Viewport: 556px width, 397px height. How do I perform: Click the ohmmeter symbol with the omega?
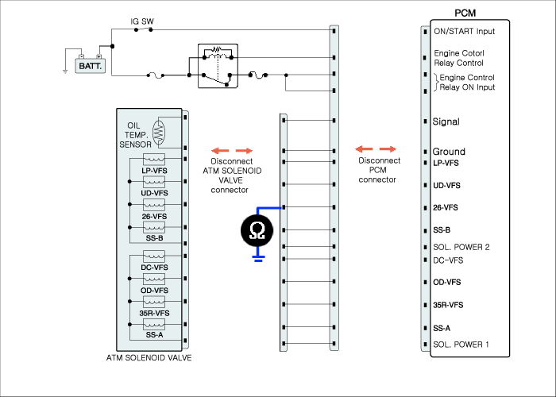pyautogui.click(x=257, y=230)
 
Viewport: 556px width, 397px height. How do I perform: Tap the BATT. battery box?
pyautogui.click(x=91, y=66)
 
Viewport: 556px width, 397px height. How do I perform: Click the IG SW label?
pyautogui.click(x=142, y=21)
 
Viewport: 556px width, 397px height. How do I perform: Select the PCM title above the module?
pyautogui.click(x=465, y=13)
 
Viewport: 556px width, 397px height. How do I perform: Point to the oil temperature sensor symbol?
pyautogui.click(x=158, y=133)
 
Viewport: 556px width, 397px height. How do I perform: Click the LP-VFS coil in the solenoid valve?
pyautogui.click(x=154, y=159)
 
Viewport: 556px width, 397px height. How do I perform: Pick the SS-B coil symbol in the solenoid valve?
pyautogui.click(x=154, y=227)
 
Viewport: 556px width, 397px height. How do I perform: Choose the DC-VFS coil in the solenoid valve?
pyautogui.click(x=154, y=256)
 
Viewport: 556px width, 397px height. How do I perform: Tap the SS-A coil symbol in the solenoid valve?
pyautogui.click(x=154, y=324)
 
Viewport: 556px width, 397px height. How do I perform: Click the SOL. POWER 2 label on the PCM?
pyautogui.click(x=461, y=247)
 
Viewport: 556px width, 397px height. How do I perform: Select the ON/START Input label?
pyautogui.click(x=464, y=31)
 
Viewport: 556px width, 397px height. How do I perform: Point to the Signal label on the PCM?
pyautogui.click(x=446, y=121)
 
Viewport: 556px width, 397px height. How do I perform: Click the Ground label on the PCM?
pyautogui.click(x=449, y=152)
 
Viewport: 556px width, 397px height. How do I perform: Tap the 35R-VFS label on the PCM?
pyautogui.click(x=448, y=305)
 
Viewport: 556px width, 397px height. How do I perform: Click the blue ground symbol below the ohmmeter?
pyautogui.click(x=258, y=258)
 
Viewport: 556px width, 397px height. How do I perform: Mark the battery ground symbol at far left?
pyautogui.click(x=65, y=71)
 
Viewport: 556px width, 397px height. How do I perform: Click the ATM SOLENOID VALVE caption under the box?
pyautogui.click(x=149, y=357)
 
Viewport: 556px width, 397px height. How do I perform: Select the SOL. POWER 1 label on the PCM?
pyautogui.click(x=461, y=344)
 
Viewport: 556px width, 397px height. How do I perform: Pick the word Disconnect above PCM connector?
pyautogui.click(x=380, y=160)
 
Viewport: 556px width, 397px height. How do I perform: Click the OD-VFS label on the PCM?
pyautogui.click(x=446, y=282)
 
